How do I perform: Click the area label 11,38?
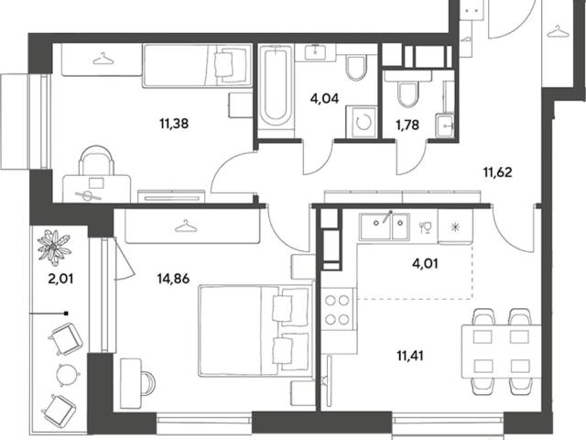point(174,123)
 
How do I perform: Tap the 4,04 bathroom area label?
point(324,98)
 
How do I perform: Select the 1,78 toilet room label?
point(407,125)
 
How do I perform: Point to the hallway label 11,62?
point(498,172)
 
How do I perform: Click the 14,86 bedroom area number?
point(174,279)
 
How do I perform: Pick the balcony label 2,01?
point(60,279)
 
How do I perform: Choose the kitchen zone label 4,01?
point(425,264)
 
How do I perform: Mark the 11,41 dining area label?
point(410,356)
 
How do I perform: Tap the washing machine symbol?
point(363,122)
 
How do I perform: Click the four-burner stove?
point(338,310)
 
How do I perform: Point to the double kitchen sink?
point(385,226)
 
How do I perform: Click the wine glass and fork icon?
point(425,227)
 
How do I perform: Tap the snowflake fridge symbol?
point(454,227)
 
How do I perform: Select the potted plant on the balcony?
point(54,245)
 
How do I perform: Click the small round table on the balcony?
point(68,373)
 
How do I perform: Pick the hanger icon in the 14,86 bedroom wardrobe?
point(186,226)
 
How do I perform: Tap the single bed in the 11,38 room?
point(198,65)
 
